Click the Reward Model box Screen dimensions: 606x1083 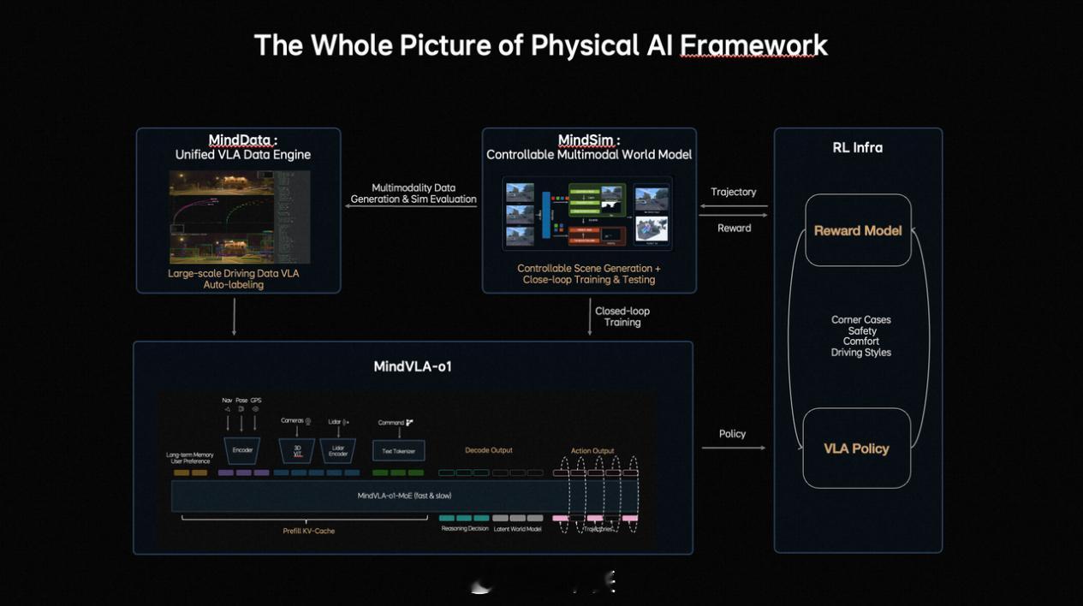tap(858, 230)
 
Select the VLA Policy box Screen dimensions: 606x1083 tap(856, 449)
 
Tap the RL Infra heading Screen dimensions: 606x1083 tap(857, 147)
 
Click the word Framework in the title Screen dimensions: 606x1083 tap(753, 45)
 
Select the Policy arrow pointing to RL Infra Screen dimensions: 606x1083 tap(733, 448)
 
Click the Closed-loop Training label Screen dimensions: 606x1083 tap(622, 317)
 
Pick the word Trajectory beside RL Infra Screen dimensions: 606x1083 tap(734, 192)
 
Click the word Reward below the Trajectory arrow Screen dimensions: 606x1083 tap(734, 228)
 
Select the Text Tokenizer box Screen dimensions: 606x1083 tap(398, 450)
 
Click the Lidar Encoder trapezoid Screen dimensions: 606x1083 tap(338, 450)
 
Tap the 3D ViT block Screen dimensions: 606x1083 tap(297, 450)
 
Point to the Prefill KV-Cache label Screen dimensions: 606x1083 tap(308, 531)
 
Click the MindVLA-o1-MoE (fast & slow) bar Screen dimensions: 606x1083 tap(404, 496)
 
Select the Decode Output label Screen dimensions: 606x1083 tap(489, 450)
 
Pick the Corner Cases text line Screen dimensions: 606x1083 tap(860, 320)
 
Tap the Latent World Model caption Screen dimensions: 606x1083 tap(518, 529)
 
